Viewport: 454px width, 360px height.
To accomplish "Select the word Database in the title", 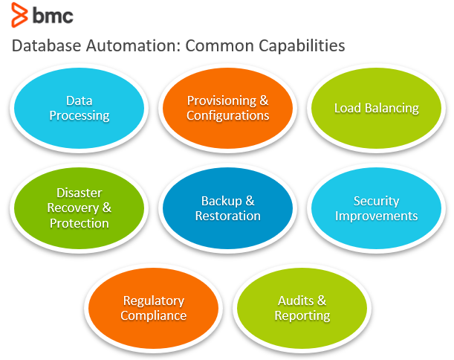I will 46,46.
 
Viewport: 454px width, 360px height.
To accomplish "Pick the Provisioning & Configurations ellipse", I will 227,108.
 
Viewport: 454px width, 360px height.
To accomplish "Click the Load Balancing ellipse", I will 376,108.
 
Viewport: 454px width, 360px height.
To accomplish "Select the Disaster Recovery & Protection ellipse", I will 79,208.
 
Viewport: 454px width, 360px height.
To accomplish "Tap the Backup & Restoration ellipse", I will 227,208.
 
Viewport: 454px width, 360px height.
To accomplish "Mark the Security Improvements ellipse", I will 376,208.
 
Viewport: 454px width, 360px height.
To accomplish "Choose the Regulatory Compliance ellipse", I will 154,308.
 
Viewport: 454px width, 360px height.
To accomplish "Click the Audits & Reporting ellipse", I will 302,308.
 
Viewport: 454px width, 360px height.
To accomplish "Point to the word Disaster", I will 79,193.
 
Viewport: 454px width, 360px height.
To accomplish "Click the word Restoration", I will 227,216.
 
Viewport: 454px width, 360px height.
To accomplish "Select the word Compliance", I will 154,315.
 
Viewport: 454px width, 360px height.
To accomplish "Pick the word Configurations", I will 227,115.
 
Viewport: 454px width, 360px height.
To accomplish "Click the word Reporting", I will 302,315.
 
